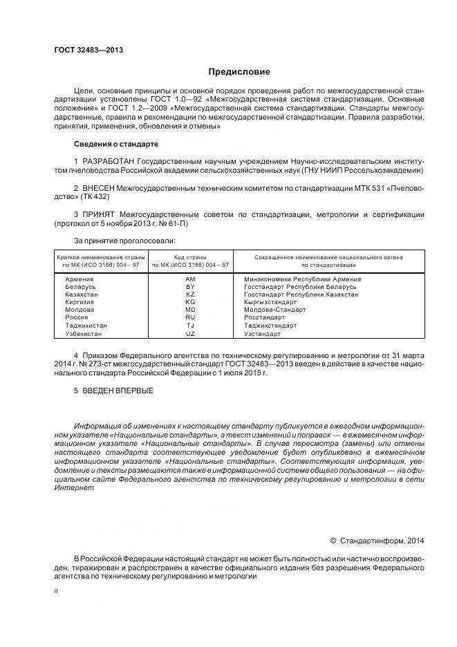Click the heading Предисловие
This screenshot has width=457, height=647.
coord(240,72)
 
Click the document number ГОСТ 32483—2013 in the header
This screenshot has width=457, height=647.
coord(88,50)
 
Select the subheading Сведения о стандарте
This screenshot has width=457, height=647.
coord(115,144)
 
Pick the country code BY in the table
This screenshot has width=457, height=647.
coord(190,287)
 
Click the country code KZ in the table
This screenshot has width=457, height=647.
coord(190,294)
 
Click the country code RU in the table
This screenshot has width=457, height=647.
coord(190,318)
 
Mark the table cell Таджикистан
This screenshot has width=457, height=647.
coord(86,326)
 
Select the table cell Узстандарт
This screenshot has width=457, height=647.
coord(262,334)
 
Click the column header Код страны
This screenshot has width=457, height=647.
coord(190,257)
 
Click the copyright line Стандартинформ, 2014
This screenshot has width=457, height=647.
coord(382,541)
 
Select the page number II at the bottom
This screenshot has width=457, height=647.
coord(57,592)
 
